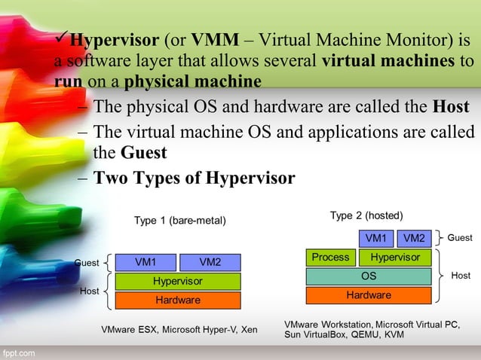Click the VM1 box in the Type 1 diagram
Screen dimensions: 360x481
pyautogui.click(x=146, y=263)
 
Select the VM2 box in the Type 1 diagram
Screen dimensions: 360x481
pyautogui.click(x=210, y=263)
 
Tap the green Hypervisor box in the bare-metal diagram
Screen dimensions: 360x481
pyautogui.click(x=178, y=282)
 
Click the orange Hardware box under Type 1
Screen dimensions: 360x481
pyautogui.click(x=178, y=301)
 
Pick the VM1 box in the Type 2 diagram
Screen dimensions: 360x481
pyautogui.click(x=375, y=239)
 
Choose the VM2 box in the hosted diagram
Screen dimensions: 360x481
pyautogui.click(x=413, y=239)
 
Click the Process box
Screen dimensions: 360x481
pyautogui.click(x=330, y=258)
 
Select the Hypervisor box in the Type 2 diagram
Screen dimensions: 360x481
pyautogui.click(x=395, y=258)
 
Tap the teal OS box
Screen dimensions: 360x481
pyautogui.click(x=368, y=276)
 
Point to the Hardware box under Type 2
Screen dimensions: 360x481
pyautogui.click(x=368, y=295)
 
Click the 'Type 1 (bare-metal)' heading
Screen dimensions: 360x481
pyautogui.click(x=179, y=221)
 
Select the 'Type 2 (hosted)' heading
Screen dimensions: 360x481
pyautogui.click(x=366, y=215)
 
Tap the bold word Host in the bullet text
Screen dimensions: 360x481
pyautogui.click(x=452, y=107)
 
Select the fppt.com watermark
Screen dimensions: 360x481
pyautogui.click(x=18, y=352)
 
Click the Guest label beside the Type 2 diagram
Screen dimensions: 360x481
pyautogui.click(x=460, y=238)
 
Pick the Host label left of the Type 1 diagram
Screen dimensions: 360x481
pyautogui.click(x=90, y=291)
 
